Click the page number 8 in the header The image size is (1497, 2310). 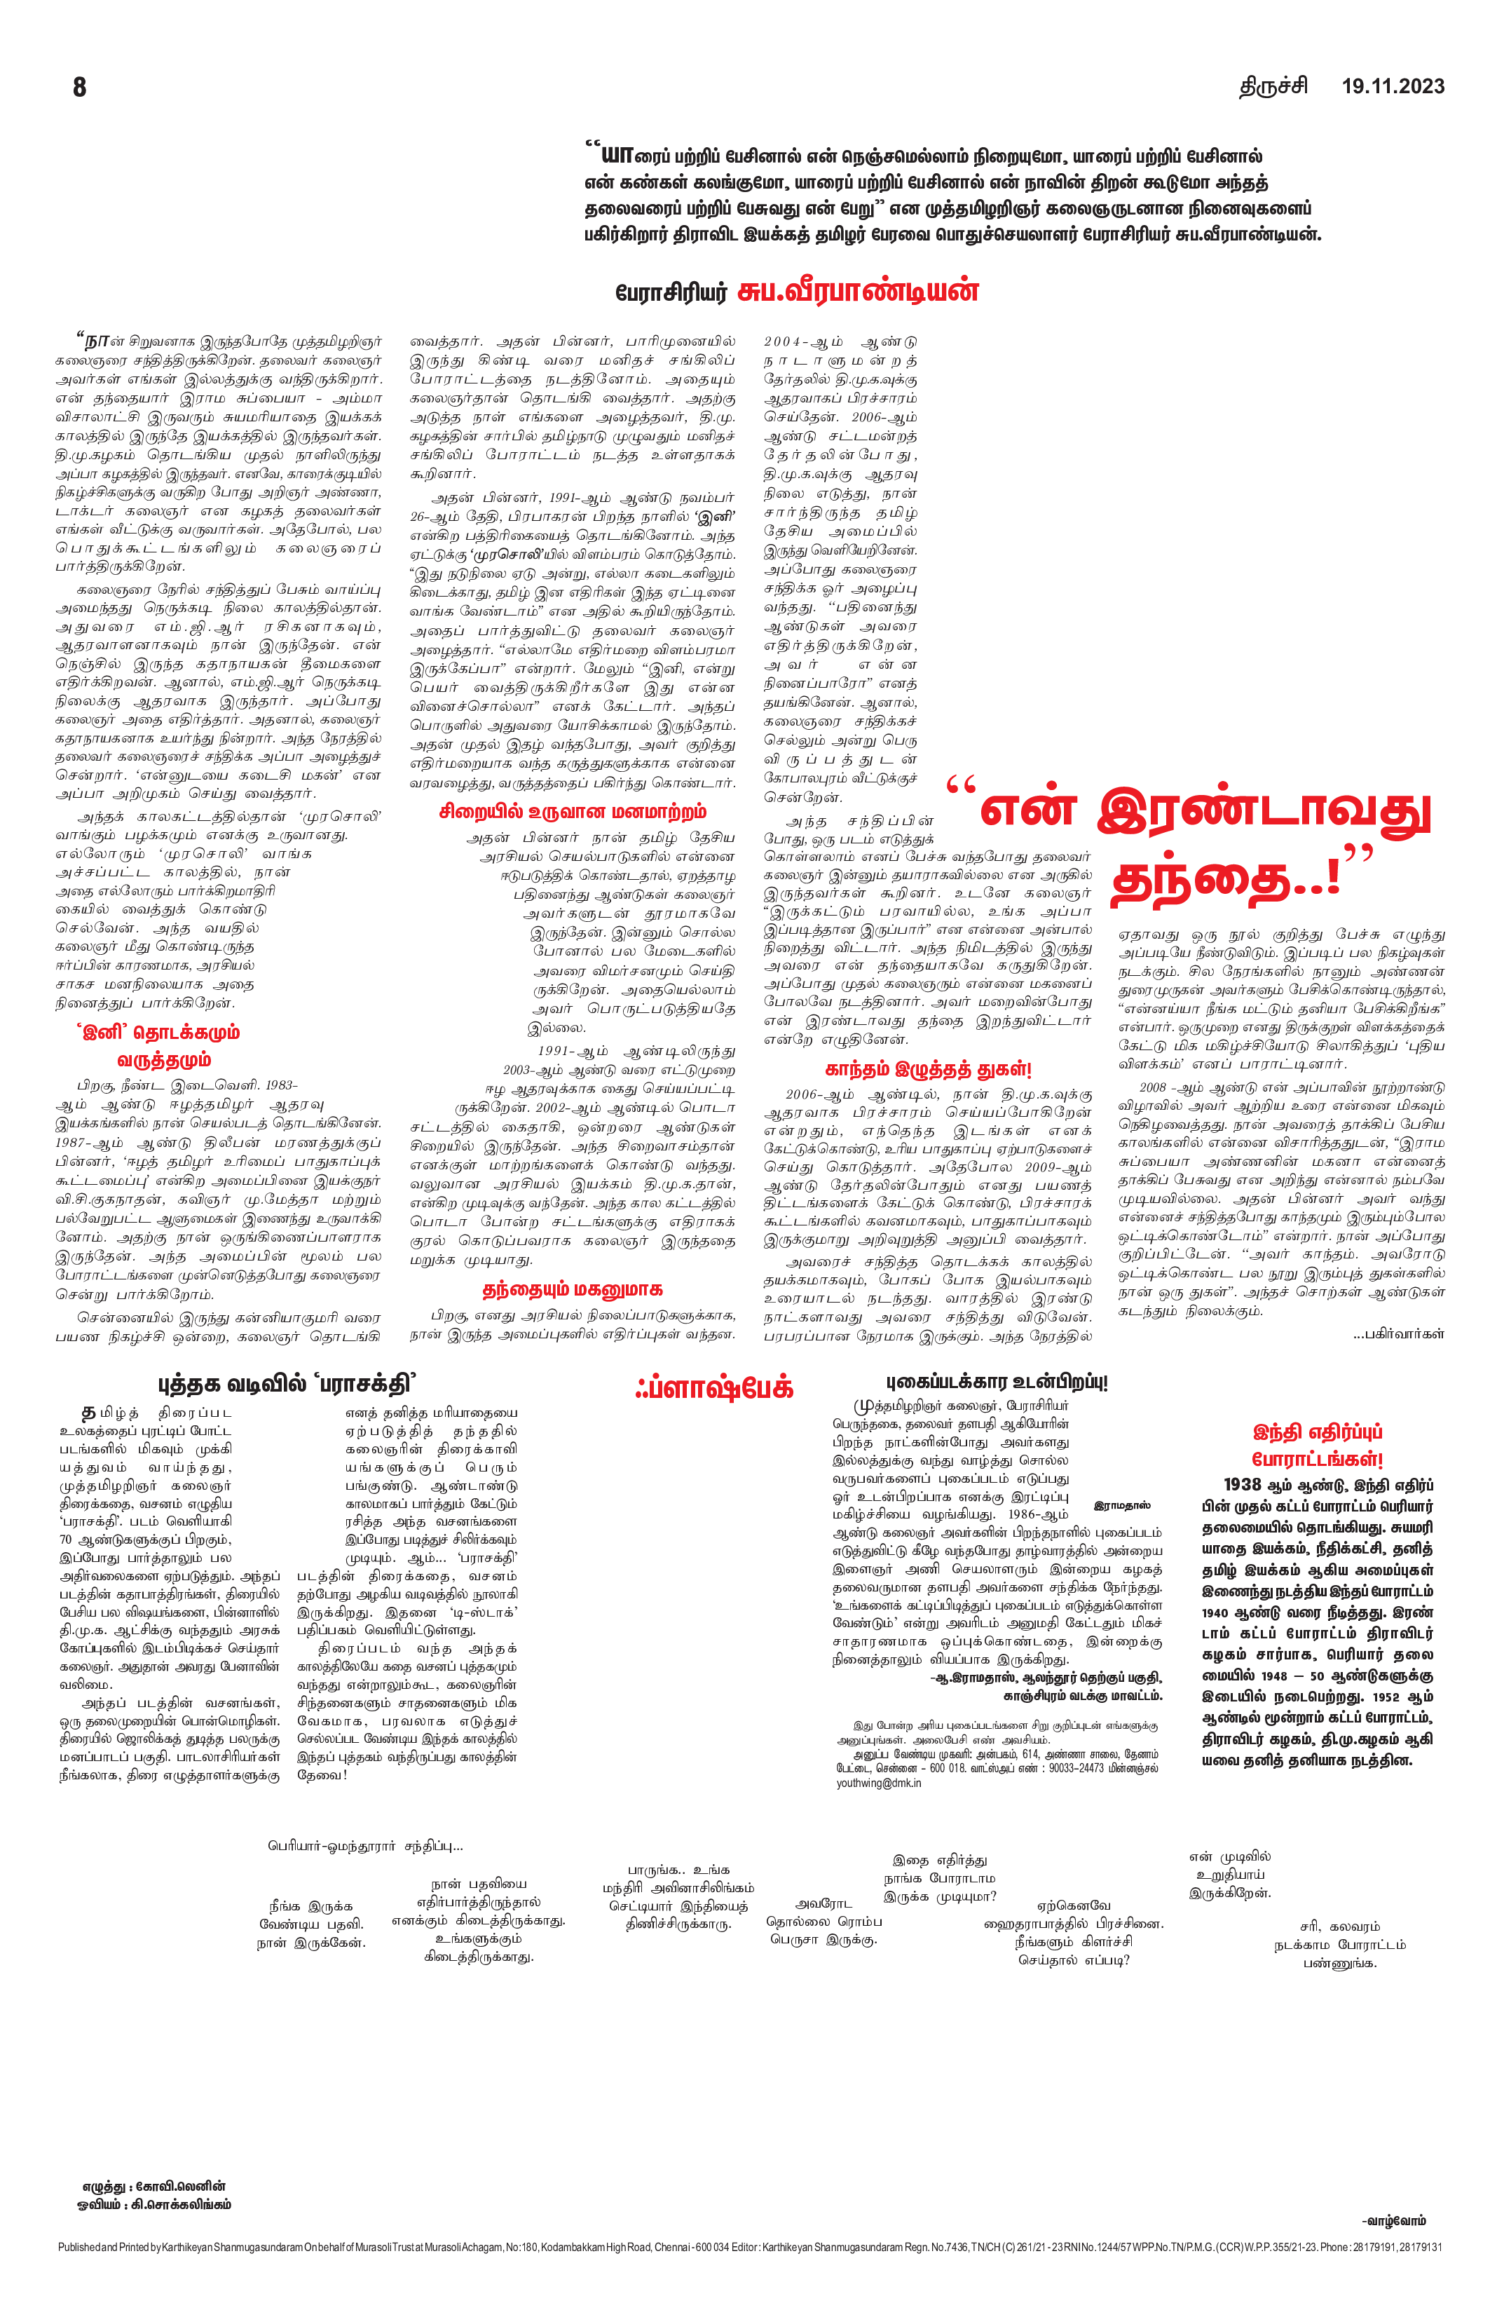click(x=80, y=88)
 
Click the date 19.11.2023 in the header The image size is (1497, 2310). click(x=1392, y=86)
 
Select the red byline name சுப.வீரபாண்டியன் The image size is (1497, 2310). click(x=858, y=290)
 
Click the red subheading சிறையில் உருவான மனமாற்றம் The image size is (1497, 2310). click(x=573, y=811)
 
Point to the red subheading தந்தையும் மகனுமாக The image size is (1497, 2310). click(x=573, y=1289)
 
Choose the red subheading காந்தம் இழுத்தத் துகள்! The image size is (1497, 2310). click(x=927, y=1068)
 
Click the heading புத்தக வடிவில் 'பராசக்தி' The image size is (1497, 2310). click(x=287, y=1383)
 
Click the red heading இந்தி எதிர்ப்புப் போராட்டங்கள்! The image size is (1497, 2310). click(x=1318, y=1445)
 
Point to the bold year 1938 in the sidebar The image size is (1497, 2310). click(x=1243, y=1484)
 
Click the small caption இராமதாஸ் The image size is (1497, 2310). click(x=1121, y=1505)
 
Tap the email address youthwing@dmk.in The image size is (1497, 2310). click(x=879, y=1783)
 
